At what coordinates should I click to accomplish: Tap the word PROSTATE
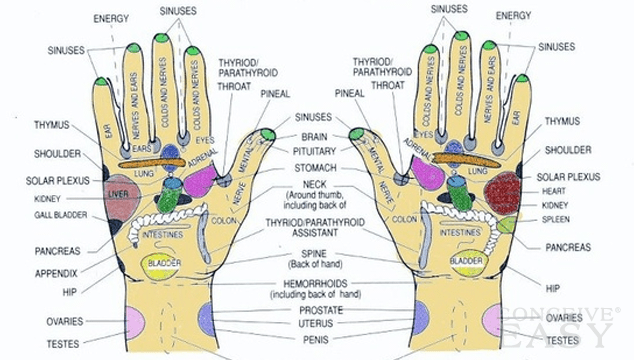(315, 310)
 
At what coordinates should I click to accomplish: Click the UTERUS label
(315, 324)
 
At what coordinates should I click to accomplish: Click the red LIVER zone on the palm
(119, 195)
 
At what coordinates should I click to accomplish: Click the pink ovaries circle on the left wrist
(135, 321)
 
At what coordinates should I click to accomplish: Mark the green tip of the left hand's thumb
(268, 134)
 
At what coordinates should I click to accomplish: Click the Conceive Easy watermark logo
(580, 329)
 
